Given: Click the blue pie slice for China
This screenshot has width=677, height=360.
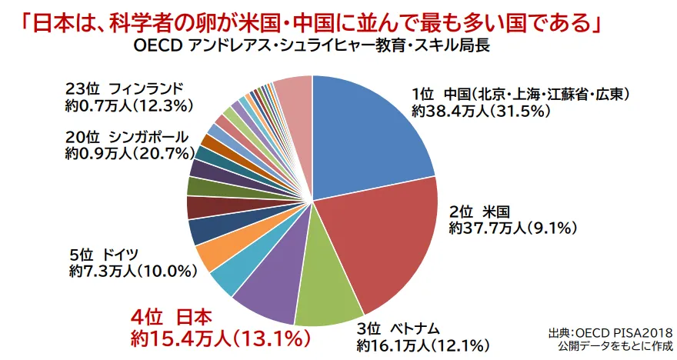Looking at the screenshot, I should click(x=369, y=138).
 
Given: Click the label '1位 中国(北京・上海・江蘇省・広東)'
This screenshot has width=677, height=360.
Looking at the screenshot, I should click(x=521, y=95).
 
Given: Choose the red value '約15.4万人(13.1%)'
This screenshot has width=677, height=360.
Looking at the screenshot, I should click(x=219, y=338).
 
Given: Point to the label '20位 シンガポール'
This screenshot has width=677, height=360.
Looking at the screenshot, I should click(x=127, y=137).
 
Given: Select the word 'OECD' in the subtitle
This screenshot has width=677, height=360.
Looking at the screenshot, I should click(x=157, y=45).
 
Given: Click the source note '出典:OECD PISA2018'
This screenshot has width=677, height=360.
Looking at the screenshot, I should click(x=610, y=333).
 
